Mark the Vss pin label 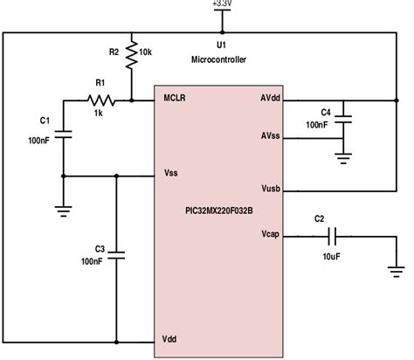click(172, 174)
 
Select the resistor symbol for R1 click(98, 100)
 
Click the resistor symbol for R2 click(131, 53)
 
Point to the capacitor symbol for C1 click(64, 133)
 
